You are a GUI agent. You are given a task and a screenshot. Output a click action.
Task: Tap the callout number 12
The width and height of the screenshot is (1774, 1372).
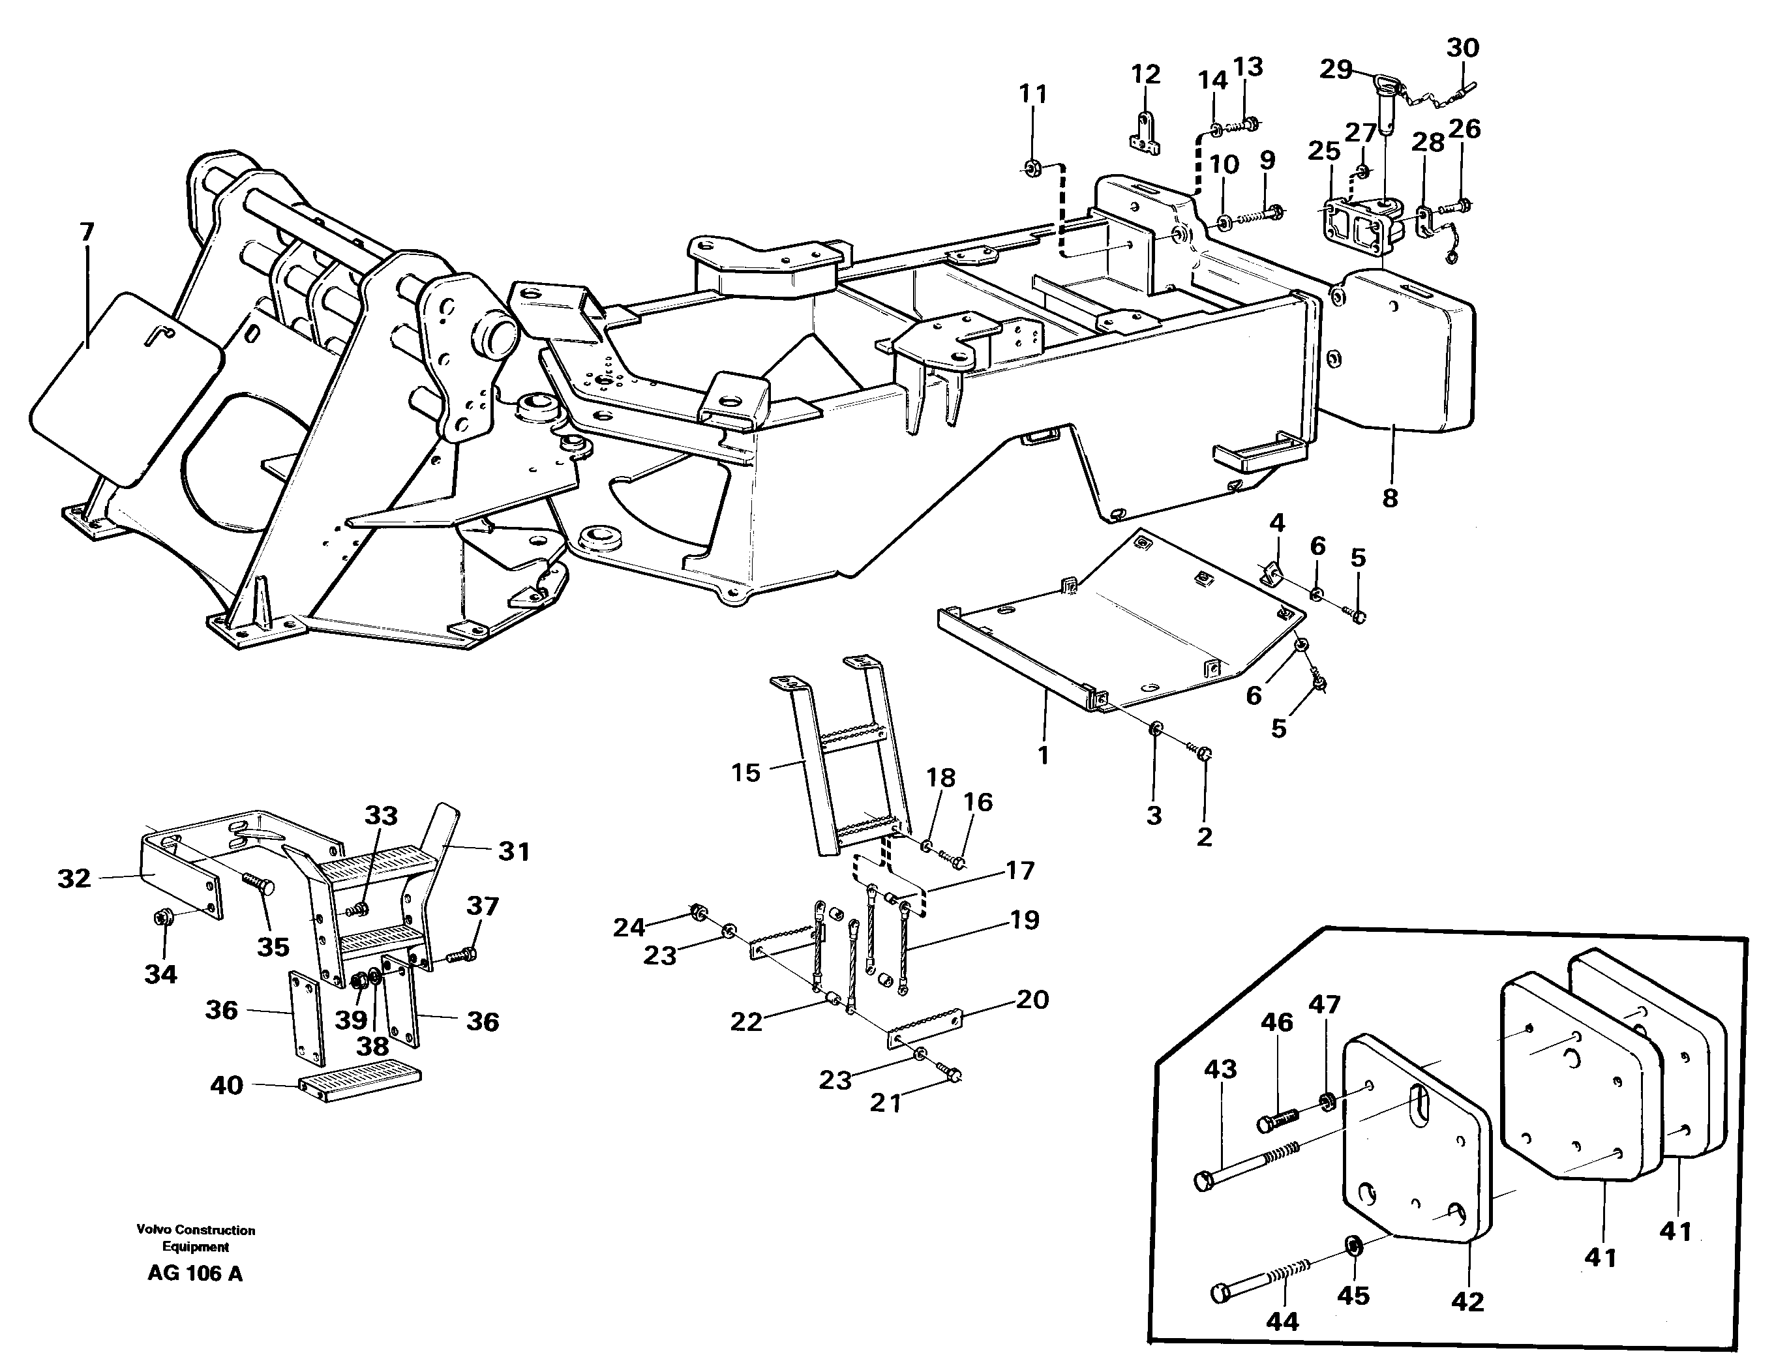coord(1145,75)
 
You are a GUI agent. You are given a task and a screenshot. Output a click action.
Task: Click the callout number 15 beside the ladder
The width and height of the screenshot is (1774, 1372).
coord(745,773)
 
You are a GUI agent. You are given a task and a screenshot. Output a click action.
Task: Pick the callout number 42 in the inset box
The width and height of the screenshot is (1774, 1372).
coord(1467,1302)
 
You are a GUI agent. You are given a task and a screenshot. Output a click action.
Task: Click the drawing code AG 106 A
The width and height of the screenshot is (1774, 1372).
coord(195,1273)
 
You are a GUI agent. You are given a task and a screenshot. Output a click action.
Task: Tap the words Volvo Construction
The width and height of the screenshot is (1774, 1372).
coord(196,1230)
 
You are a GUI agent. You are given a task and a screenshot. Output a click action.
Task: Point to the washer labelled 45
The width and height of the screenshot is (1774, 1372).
coord(1354,1244)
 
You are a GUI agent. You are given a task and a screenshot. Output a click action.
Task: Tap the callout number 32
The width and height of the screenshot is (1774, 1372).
coord(74,878)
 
